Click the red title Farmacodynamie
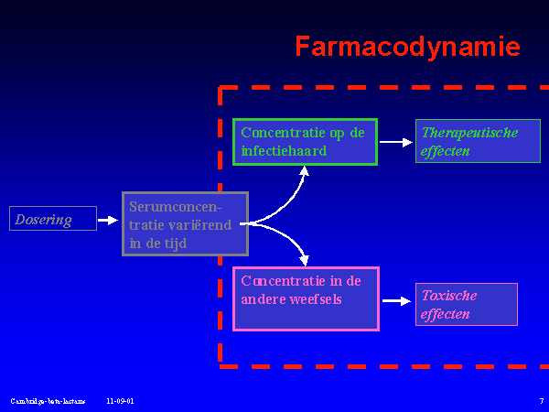coord(407,47)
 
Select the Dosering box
coord(52,219)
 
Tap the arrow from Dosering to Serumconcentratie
coord(108,220)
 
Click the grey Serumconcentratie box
coord(185,223)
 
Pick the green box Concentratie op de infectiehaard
coord(305,142)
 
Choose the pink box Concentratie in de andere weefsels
coord(306,298)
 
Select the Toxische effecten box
coord(466,304)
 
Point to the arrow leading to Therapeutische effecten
coord(396,142)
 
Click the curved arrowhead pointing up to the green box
coord(306,173)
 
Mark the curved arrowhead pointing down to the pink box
coord(305,258)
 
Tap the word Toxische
coord(448,295)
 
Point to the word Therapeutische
coord(469,133)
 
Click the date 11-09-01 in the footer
coord(119,401)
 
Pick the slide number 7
coord(541,401)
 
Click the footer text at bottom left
coord(48,401)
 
